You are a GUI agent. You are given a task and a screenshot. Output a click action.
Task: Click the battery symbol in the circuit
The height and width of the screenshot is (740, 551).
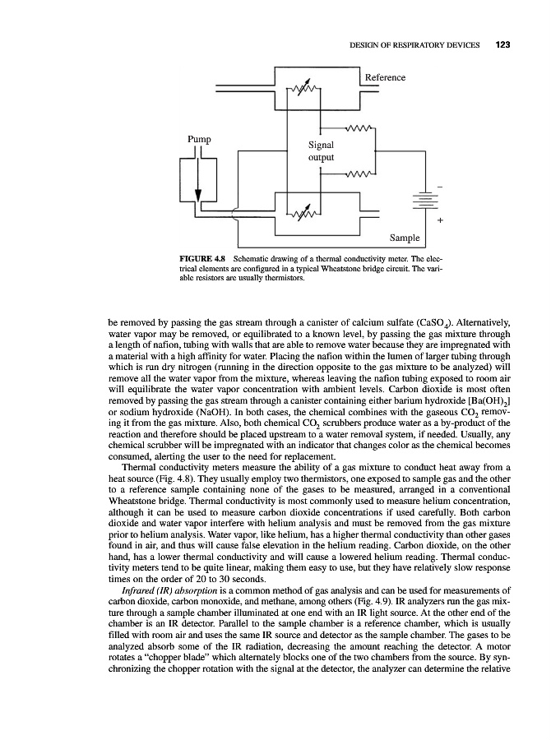(424, 202)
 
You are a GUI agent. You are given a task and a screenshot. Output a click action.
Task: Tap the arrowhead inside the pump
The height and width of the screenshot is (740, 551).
(197, 196)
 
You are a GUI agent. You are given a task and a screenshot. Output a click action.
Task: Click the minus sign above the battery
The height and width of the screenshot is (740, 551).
(440, 188)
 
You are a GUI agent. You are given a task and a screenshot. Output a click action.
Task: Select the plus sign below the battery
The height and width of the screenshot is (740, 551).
(440, 220)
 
